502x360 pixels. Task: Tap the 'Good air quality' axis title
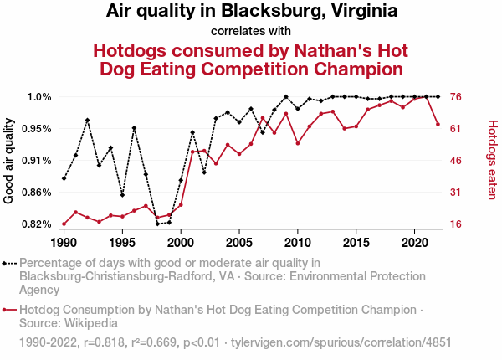pos(9,161)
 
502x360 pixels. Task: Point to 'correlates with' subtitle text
pos(251,32)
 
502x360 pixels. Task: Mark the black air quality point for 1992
pos(87,120)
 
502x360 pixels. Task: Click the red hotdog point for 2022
pos(438,125)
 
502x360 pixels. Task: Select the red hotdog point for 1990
pos(64,224)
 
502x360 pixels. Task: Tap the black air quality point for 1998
pos(157,224)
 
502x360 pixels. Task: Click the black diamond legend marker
pos(10,264)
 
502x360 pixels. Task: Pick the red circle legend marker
pos(10,310)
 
